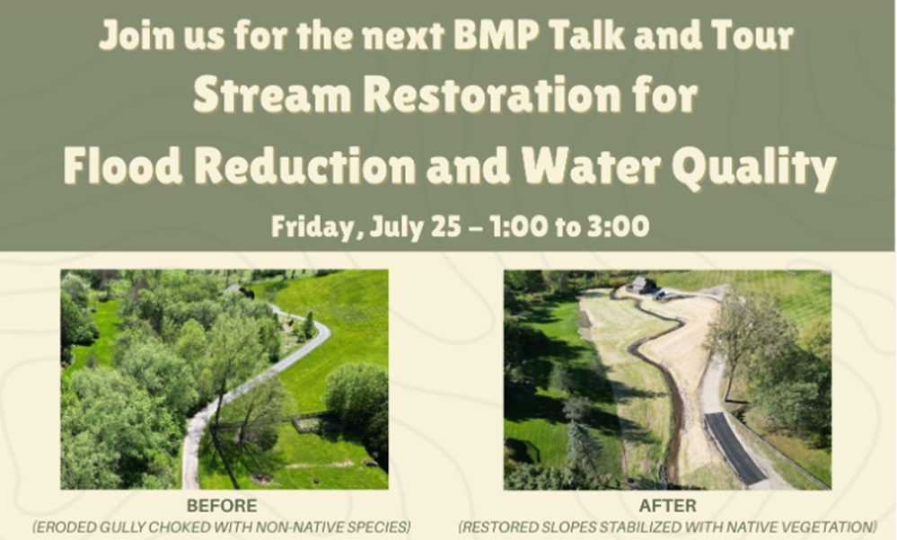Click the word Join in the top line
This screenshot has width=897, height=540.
(x=136, y=35)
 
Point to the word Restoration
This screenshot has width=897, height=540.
(x=492, y=95)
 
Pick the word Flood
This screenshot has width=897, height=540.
(x=123, y=166)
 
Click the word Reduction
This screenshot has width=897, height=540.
(x=305, y=166)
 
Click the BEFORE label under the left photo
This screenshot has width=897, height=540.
(x=222, y=506)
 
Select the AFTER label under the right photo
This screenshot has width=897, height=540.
(x=668, y=506)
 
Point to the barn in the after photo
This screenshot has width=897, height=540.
(x=641, y=285)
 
